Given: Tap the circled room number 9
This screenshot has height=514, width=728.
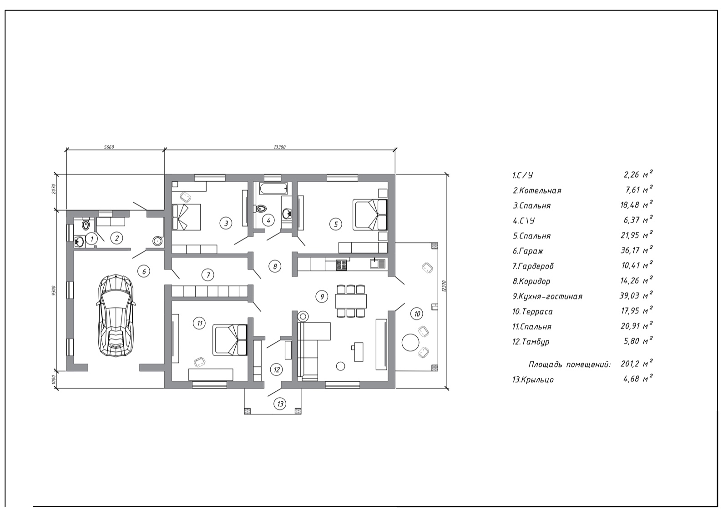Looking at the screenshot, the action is tap(322, 296).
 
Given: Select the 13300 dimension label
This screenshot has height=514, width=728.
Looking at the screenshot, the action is tap(279, 147).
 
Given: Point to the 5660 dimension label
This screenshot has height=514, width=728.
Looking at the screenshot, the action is tap(109, 147).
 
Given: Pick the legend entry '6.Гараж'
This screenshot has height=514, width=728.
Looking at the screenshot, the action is tap(528, 251).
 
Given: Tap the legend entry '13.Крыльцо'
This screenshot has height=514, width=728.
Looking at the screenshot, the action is tap(533, 379).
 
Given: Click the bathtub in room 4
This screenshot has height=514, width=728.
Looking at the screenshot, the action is tap(273, 188).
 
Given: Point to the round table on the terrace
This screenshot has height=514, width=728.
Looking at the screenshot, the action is tap(410, 342).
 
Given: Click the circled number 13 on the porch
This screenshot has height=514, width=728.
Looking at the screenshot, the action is tap(280, 404).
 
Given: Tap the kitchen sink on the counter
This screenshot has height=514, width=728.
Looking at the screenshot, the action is tap(378, 263).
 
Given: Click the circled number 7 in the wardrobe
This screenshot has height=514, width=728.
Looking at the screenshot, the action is tap(208, 275).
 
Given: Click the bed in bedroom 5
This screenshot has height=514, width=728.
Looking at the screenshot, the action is tap(370, 215).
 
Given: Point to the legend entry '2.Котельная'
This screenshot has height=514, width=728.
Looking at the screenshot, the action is tap(537, 190).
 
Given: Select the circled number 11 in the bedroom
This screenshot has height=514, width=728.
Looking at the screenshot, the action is tap(199, 323).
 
